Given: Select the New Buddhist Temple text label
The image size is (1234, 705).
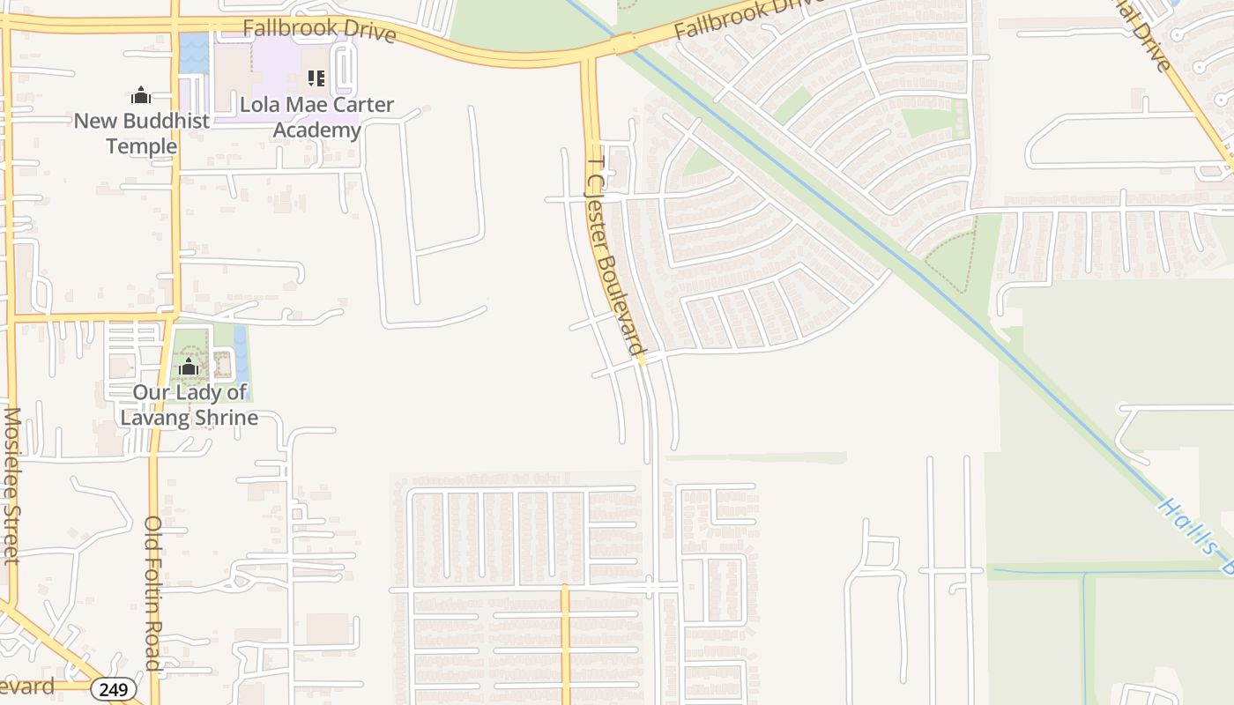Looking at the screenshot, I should [x=141, y=133].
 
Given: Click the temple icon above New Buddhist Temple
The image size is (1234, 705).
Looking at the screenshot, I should [x=141, y=95].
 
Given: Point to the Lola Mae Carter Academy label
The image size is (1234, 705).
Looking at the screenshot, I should [x=317, y=117].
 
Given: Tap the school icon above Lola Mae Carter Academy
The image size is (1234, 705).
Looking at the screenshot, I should [x=316, y=79].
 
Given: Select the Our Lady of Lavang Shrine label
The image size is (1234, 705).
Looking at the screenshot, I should [x=190, y=404].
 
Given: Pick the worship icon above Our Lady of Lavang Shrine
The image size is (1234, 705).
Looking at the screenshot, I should [x=188, y=367].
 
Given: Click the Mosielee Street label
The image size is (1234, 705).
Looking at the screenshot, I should [x=11, y=485].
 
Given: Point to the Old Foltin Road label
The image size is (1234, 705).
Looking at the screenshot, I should [x=152, y=595].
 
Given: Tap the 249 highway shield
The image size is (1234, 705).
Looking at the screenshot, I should [x=114, y=689].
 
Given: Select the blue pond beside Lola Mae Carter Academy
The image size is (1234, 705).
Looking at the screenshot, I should [x=194, y=53].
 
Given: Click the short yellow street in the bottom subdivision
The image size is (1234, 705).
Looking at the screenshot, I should [x=565, y=643].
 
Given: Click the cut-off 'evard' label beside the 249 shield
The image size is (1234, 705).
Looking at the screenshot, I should [x=26, y=686].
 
